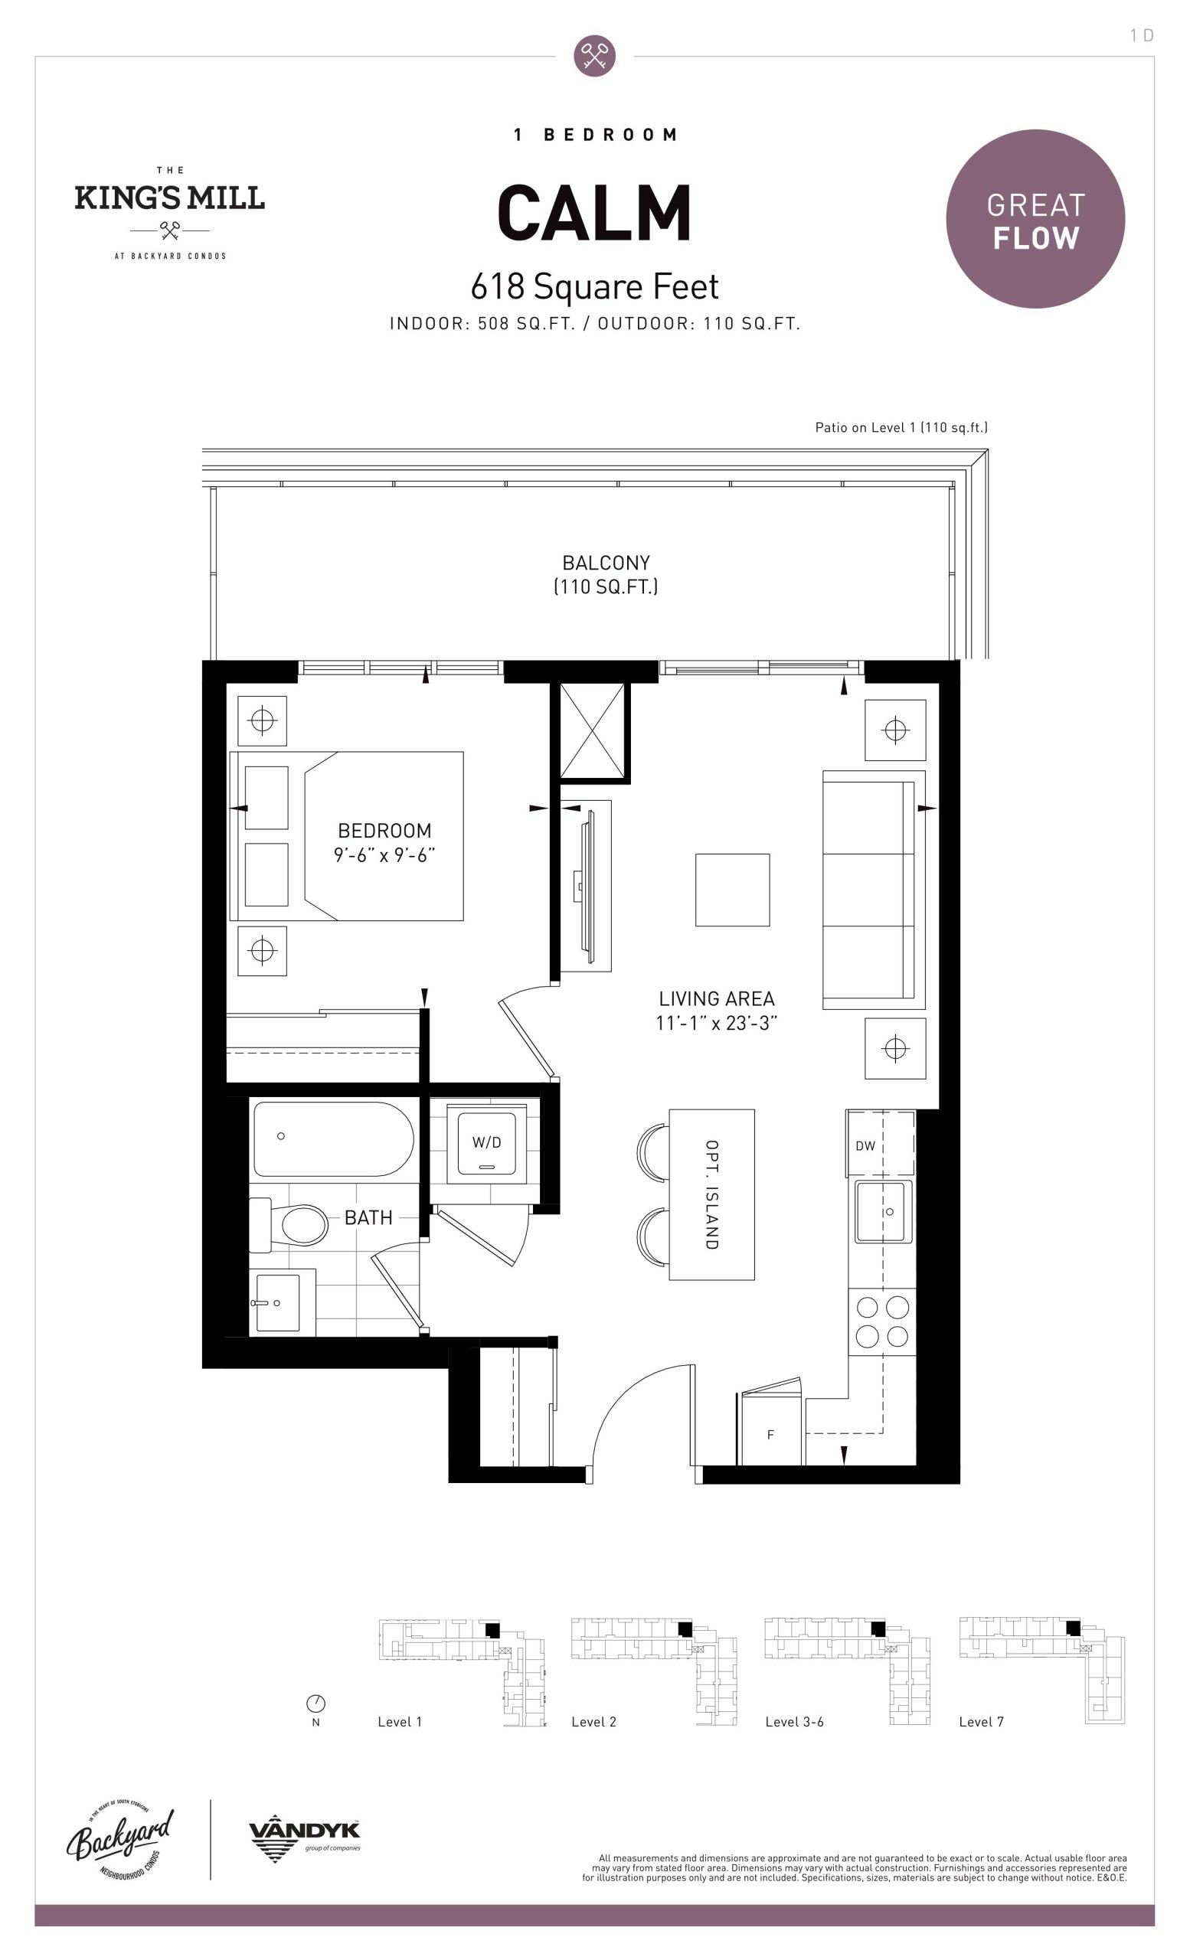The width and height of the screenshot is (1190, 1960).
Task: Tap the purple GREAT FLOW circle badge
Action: click(x=1035, y=219)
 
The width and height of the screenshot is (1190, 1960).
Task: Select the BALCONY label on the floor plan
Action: click(x=606, y=563)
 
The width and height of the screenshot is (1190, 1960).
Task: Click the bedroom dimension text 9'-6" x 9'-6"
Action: click(x=384, y=855)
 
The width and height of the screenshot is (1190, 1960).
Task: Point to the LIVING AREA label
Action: click(x=717, y=998)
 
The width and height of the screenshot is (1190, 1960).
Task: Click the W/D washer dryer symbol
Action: click(x=486, y=1143)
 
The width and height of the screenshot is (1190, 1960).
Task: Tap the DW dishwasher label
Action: click(x=865, y=1145)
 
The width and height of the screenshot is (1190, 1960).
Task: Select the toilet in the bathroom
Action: click(x=291, y=1224)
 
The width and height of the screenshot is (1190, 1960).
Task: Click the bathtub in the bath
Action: click(x=333, y=1138)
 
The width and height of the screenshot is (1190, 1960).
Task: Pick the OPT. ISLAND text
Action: click(x=712, y=1194)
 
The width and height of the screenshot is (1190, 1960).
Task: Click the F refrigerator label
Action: click(x=770, y=1435)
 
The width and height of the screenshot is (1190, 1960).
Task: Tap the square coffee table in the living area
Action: click(x=733, y=890)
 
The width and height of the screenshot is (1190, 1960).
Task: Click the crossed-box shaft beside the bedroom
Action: click(x=593, y=731)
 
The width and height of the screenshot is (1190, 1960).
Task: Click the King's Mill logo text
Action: click(x=169, y=198)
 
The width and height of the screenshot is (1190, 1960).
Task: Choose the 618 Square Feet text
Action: click(x=594, y=286)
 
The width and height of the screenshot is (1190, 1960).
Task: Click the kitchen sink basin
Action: click(x=883, y=1211)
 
